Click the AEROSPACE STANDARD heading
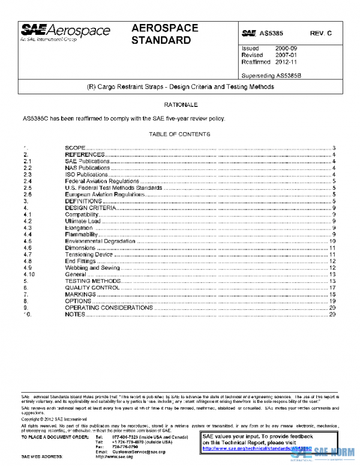coord(161,35)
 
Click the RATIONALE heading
coord(179,106)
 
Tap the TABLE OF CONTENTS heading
coord(179,134)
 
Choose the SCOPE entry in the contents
coord(75,148)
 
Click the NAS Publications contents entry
coord(88,168)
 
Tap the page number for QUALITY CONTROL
coord(332,288)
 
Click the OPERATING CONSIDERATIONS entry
coord(109,307)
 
